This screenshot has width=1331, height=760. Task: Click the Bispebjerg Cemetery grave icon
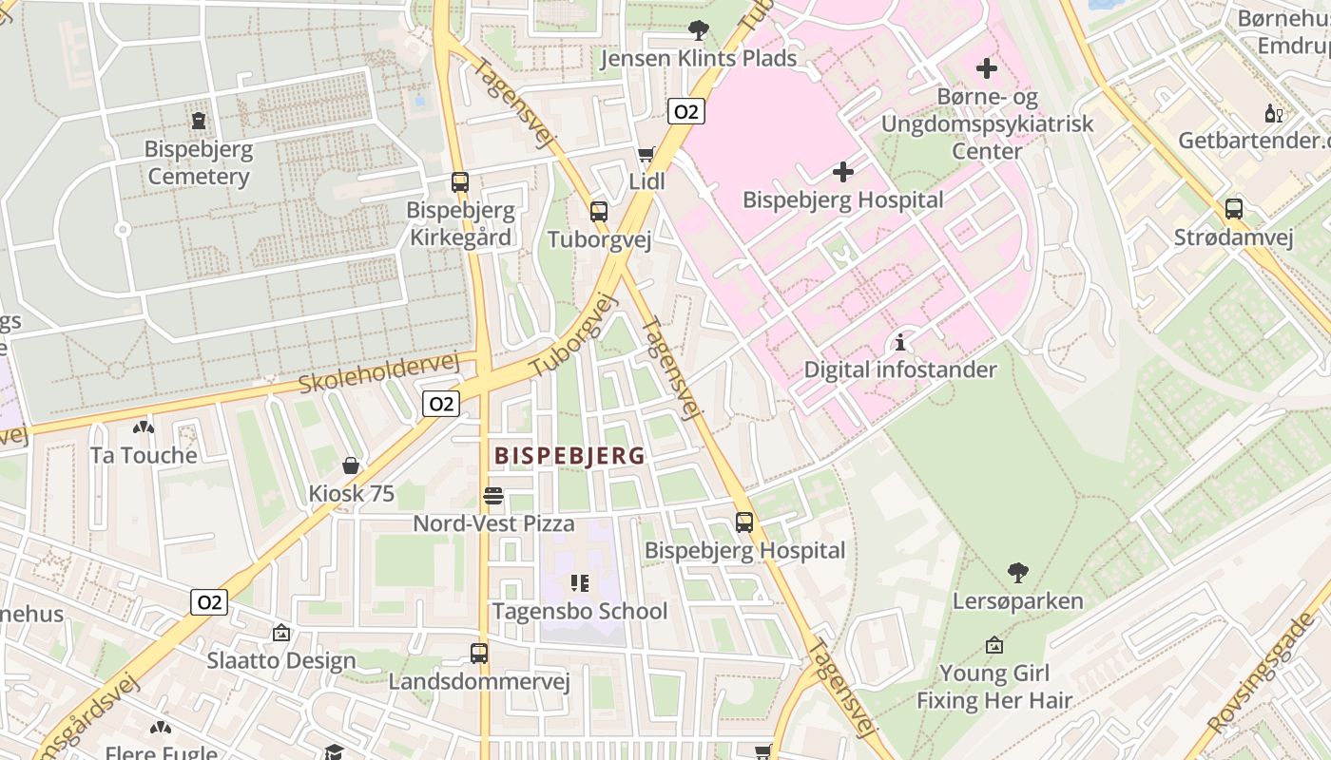[199, 121]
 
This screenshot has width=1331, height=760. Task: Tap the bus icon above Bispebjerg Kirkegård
[460, 181]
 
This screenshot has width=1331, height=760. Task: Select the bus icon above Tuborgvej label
[599, 211]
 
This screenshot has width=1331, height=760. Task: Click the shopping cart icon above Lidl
[646, 154]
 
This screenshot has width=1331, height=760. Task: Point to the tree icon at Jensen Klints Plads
[699, 30]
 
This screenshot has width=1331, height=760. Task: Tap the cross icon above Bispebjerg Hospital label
[843, 172]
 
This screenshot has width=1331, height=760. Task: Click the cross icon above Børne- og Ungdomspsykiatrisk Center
[987, 68]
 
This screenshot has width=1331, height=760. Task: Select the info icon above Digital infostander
[900, 342]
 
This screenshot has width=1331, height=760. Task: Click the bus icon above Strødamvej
[1234, 208]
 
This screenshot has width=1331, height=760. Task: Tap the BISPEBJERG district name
[569, 456]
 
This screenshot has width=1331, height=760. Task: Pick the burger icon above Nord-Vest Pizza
[493, 495]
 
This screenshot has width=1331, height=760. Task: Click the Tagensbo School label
[580, 611]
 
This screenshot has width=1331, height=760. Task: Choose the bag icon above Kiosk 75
[351, 465]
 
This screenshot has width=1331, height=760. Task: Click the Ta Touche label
[144, 455]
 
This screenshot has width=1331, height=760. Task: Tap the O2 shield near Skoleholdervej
[441, 404]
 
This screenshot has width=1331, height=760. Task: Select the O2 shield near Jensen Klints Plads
[685, 112]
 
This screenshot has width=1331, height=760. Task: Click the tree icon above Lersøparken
[1018, 573]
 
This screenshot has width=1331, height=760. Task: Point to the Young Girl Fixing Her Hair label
[994, 687]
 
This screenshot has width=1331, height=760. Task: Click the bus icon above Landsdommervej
[479, 653]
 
